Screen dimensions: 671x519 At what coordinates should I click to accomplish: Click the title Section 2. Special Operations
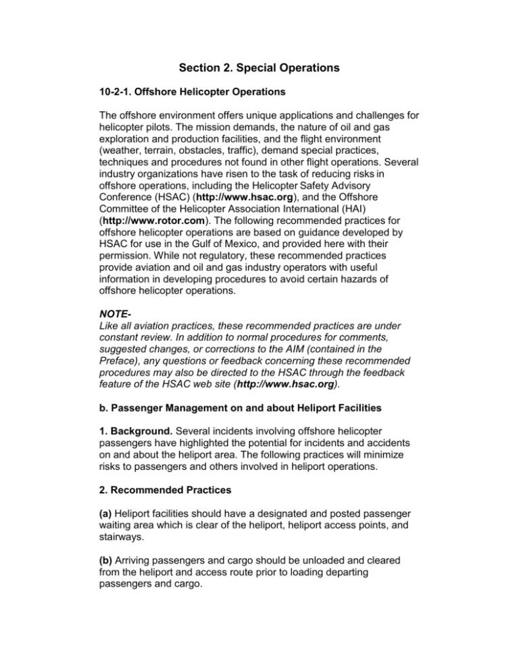[x=259, y=69]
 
